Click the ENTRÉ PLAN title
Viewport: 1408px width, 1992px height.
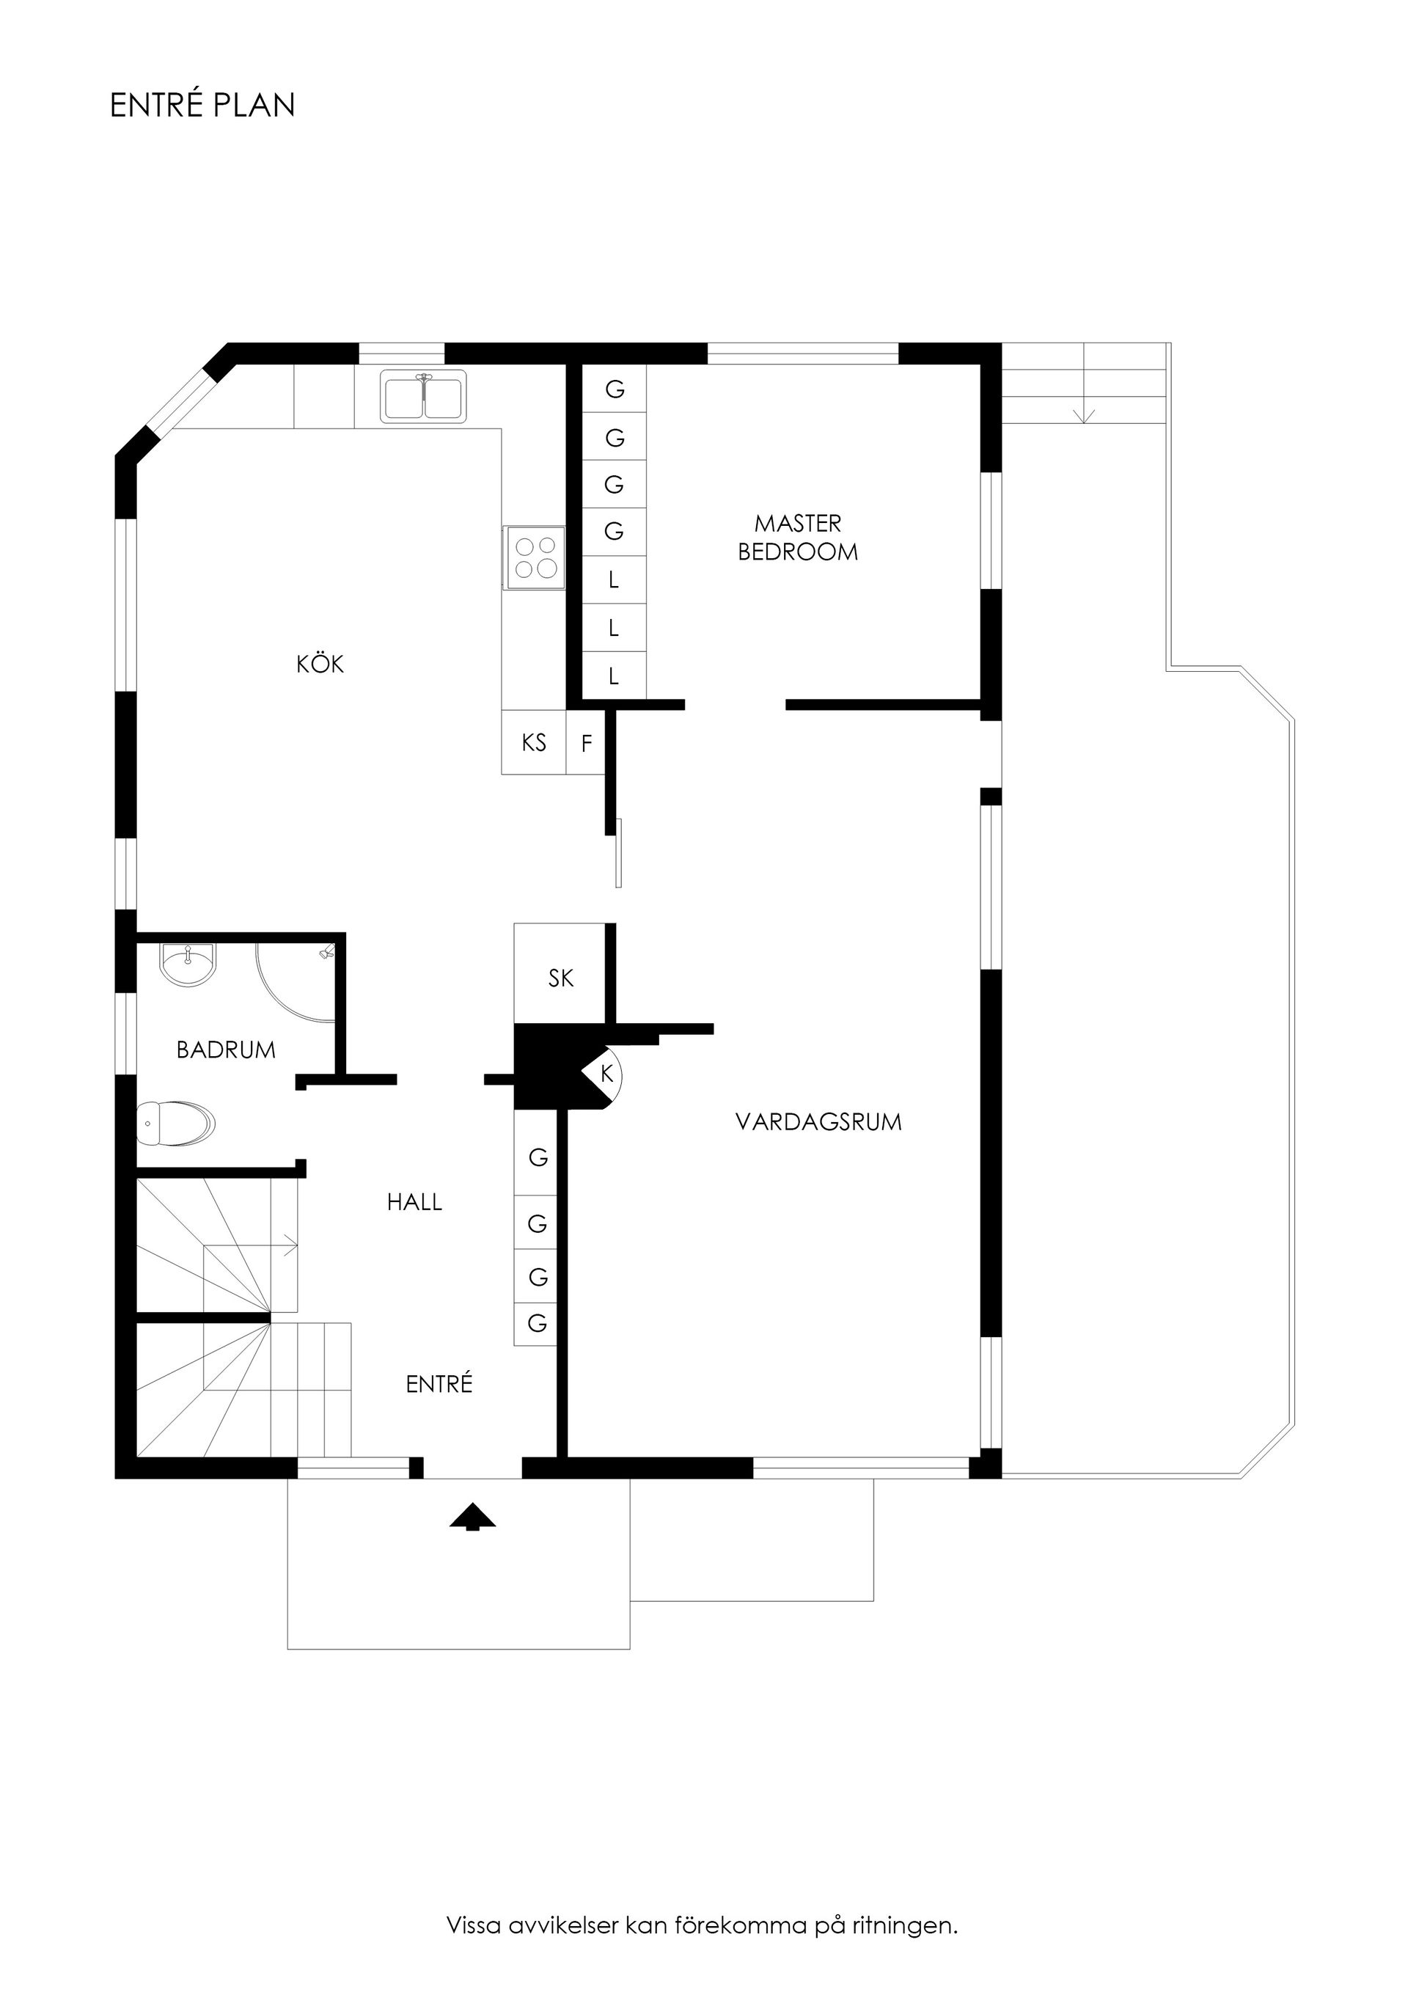[x=202, y=105]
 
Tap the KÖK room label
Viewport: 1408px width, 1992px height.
[x=320, y=664]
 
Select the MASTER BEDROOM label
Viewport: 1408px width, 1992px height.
[x=797, y=538]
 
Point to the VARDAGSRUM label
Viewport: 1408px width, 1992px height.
[x=818, y=1122]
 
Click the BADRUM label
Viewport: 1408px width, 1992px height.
[x=226, y=1050]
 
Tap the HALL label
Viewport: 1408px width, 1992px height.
[x=414, y=1201]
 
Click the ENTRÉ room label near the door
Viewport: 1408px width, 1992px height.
[x=439, y=1384]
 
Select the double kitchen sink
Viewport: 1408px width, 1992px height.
[x=423, y=397]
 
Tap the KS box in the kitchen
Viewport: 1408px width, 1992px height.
[x=534, y=743]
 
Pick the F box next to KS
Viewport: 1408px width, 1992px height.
[x=587, y=744]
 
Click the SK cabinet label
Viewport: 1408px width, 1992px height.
[x=560, y=978]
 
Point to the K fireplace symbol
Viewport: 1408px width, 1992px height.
[x=607, y=1074]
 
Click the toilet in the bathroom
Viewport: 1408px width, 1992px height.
[x=176, y=1124]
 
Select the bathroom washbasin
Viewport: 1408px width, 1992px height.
[x=188, y=964]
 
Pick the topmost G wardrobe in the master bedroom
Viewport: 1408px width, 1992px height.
[x=615, y=389]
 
